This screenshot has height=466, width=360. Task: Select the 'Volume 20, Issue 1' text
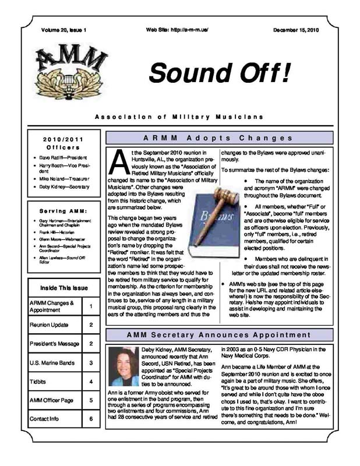click(x=63, y=29)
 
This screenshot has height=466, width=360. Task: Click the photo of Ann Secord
click(x=123, y=368)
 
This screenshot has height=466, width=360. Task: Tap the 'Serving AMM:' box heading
click(x=63, y=210)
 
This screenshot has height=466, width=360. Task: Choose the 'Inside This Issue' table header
click(x=64, y=288)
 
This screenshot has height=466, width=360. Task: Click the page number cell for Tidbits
click(x=91, y=382)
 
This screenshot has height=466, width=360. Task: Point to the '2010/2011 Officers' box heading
click(x=63, y=144)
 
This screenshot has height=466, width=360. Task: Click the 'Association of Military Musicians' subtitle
click(x=179, y=116)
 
